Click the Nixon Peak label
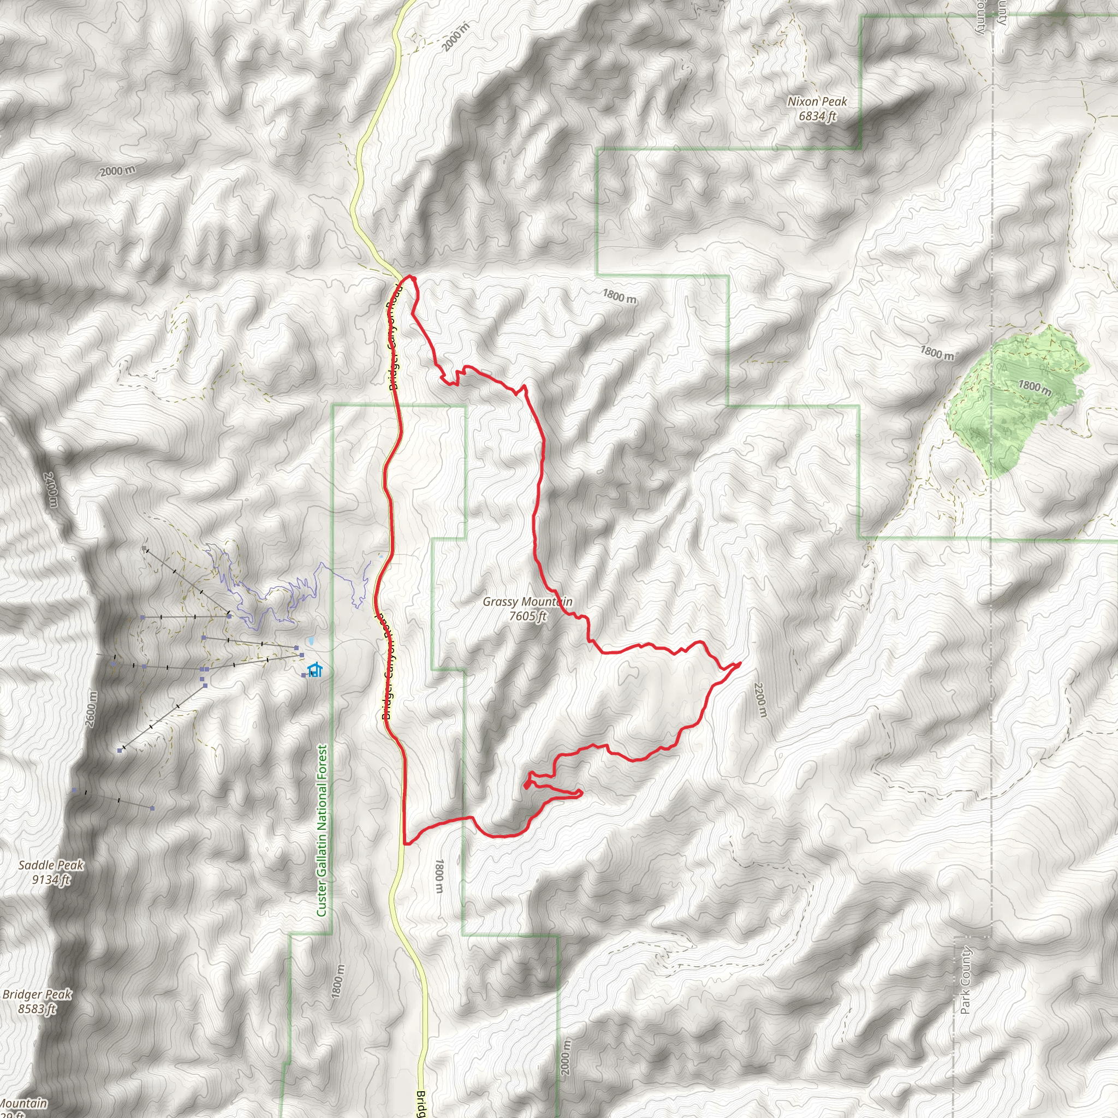pos(817,102)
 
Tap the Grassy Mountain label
pos(527,602)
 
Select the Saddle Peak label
pos(51,865)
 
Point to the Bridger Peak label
pos(37,994)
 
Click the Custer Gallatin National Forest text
pos(322,830)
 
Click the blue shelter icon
pos(314,670)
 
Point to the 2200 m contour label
pos(760,700)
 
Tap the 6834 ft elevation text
pos(817,116)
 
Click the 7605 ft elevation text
pos(527,616)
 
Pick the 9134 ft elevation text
pos(51,879)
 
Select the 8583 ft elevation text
pos(37,1009)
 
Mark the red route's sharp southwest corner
pos(405,843)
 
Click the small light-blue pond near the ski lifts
pos(311,641)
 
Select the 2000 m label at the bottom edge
pos(566,1057)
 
